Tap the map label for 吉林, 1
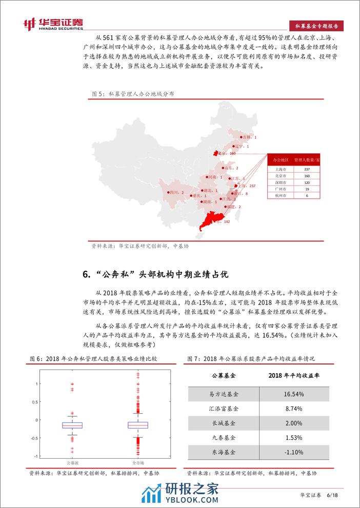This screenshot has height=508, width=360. click(250, 137)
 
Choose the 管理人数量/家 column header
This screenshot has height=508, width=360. click(307, 160)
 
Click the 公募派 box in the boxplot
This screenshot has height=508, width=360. click(72, 425)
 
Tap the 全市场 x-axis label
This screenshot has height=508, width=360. click(137, 463)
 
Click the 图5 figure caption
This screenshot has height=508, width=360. click(132, 94)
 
